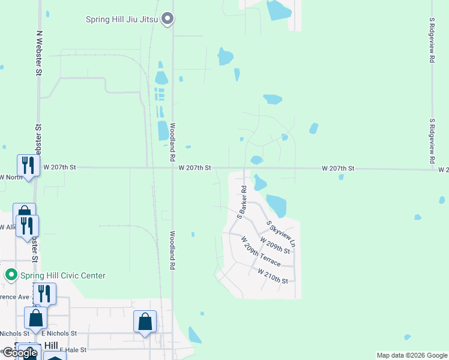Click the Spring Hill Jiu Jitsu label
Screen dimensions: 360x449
click(x=121, y=20)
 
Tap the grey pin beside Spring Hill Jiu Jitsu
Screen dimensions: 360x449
click(x=169, y=20)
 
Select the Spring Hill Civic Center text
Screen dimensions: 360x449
click(x=63, y=276)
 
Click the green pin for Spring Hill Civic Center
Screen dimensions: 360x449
click(x=11, y=276)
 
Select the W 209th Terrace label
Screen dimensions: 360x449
click(x=260, y=251)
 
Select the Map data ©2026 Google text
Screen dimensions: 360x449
click(x=412, y=355)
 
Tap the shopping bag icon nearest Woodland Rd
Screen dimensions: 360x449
click(x=145, y=322)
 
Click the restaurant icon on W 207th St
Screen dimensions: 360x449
click(x=27, y=164)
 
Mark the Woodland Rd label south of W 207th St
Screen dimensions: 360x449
click(x=172, y=250)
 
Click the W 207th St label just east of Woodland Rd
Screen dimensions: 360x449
click(x=194, y=169)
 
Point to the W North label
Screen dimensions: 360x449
click(x=11, y=177)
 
